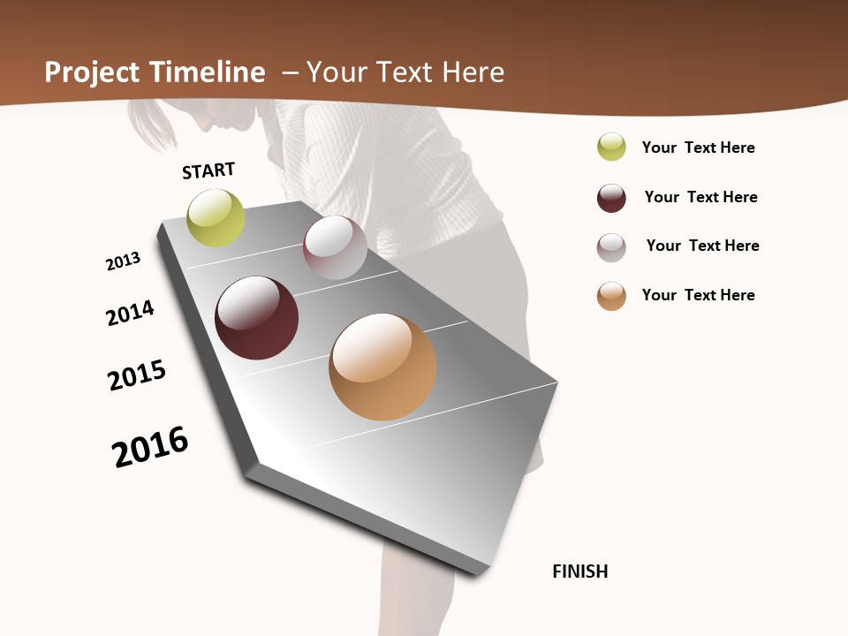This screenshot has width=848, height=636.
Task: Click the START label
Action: point(208,170)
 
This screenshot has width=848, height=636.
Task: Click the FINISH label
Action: point(579,572)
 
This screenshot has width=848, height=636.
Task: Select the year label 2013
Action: point(123,261)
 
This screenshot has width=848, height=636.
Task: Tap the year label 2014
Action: point(130,313)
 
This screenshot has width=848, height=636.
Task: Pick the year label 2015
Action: point(137,375)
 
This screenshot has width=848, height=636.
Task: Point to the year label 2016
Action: point(150,447)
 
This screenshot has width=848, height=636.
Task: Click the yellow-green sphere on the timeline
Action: point(216,217)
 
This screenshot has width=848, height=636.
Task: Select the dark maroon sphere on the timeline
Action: point(256,318)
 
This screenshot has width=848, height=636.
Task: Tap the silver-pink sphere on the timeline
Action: point(335,247)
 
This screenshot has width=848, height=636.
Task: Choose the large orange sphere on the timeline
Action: point(382,367)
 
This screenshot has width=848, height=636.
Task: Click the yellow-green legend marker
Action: point(611,147)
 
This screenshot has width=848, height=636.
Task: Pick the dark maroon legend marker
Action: point(611,198)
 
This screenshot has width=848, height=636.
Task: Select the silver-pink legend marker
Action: point(611,247)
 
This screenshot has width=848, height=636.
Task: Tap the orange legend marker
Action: point(611,296)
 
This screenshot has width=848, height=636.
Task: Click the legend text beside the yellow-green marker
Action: point(698,148)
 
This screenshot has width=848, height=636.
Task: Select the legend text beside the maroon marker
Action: point(700,197)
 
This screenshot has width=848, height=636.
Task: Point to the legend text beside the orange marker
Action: point(698,295)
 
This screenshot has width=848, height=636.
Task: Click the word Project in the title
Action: point(93,72)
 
